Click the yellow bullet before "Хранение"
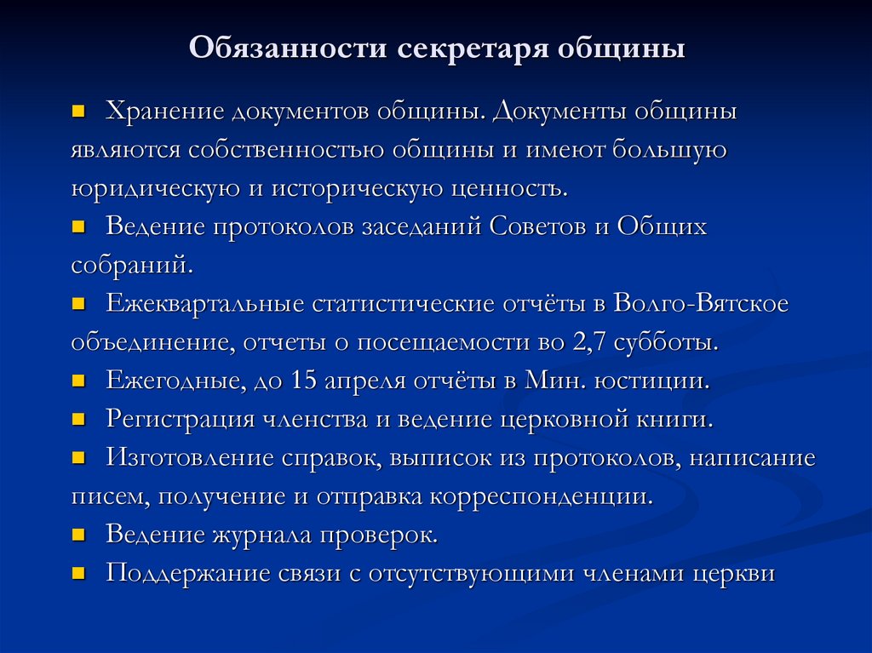(x=78, y=112)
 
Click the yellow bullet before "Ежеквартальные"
(x=78, y=303)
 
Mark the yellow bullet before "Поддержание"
(x=78, y=572)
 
